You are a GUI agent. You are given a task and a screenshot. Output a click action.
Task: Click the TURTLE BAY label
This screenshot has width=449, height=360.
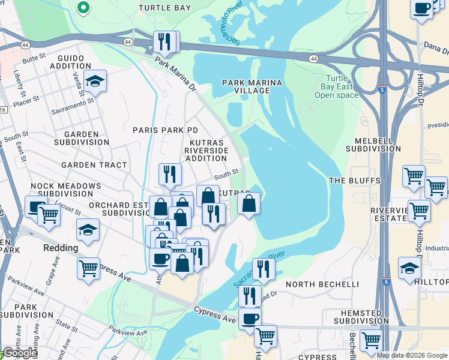point(164,8)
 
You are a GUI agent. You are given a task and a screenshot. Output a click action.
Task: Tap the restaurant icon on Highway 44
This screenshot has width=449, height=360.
point(166,41)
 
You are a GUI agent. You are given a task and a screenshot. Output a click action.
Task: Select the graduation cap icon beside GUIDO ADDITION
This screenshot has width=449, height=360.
point(95,80)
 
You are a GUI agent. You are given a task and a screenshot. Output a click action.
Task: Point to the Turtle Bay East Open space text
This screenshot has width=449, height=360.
point(336,86)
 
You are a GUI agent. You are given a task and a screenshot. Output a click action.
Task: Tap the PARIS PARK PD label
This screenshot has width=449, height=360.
point(165,130)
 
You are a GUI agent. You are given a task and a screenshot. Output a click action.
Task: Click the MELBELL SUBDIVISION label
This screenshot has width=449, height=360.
point(373,144)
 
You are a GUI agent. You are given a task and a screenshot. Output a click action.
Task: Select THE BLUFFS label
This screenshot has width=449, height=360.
point(354,181)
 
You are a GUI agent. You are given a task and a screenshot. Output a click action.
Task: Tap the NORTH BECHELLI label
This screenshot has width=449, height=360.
point(322,284)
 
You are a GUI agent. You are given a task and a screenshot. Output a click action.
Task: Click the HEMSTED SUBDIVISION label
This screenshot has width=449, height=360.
point(358,317)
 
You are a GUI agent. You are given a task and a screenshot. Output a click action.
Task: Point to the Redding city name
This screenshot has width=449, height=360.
point(61,248)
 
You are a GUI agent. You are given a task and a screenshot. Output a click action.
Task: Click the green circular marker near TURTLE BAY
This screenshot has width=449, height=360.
point(83,8)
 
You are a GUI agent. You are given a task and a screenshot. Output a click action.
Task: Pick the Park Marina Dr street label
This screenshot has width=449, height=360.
point(175,74)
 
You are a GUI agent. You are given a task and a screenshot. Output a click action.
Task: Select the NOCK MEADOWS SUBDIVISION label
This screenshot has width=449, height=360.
point(66,190)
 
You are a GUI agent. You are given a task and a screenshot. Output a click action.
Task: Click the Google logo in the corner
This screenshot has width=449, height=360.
point(20,353)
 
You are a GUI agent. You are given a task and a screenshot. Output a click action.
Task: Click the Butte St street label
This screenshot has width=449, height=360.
point(34,58)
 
